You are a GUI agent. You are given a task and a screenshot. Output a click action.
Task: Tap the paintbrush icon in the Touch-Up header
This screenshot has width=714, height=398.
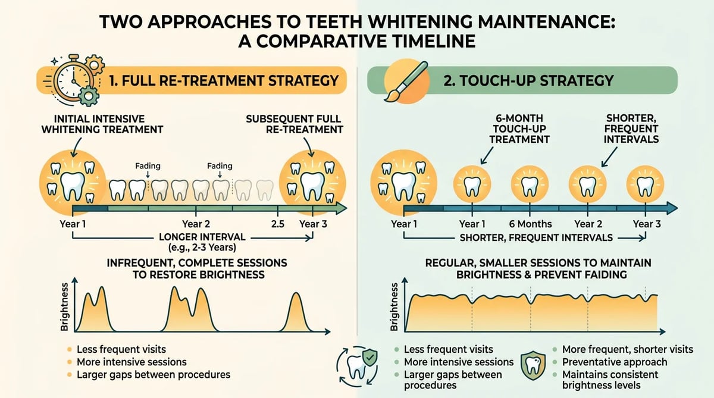pyautogui.click(x=406, y=81)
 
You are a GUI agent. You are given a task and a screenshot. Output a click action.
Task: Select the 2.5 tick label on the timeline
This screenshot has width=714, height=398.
pyautogui.click(x=278, y=224)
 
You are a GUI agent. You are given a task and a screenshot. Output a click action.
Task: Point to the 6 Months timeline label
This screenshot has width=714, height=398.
pyautogui.click(x=530, y=224)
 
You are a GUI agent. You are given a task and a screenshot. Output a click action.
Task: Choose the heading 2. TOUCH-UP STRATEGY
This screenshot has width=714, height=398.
pyautogui.click(x=528, y=80)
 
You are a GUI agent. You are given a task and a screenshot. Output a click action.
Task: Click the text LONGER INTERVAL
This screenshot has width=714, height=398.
pyautogui.click(x=202, y=237)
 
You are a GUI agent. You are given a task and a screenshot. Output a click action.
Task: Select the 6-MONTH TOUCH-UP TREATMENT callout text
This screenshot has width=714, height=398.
pyautogui.click(x=519, y=129)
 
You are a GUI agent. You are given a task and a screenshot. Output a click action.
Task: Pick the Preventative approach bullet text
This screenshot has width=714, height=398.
pyautogui.click(x=615, y=362)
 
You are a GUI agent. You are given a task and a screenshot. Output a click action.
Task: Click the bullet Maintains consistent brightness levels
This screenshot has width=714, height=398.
pyautogui.click(x=610, y=380)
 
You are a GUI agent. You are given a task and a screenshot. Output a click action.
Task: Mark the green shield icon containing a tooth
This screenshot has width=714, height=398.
pyautogui.click(x=533, y=365)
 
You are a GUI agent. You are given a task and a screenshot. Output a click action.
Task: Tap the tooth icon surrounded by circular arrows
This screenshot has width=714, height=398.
pyautogui.click(x=357, y=367)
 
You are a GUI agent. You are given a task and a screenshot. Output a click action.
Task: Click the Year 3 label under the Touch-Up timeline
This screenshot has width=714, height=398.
pyautogui.click(x=647, y=224)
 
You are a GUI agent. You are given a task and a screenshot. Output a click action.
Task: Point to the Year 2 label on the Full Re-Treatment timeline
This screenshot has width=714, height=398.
pyautogui.click(x=196, y=224)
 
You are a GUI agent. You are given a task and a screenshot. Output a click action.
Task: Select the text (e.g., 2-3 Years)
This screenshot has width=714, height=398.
pyautogui.click(x=202, y=247)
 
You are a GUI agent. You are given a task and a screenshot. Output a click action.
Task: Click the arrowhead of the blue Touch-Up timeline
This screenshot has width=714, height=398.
pyautogui.click(x=671, y=208)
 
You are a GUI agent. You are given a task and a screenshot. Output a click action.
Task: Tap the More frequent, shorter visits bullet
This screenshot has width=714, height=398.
pyautogui.click(x=628, y=349)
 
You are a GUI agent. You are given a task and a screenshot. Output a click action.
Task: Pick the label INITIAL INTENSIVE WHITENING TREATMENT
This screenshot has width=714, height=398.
pyautogui.click(x=102, y=124)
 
